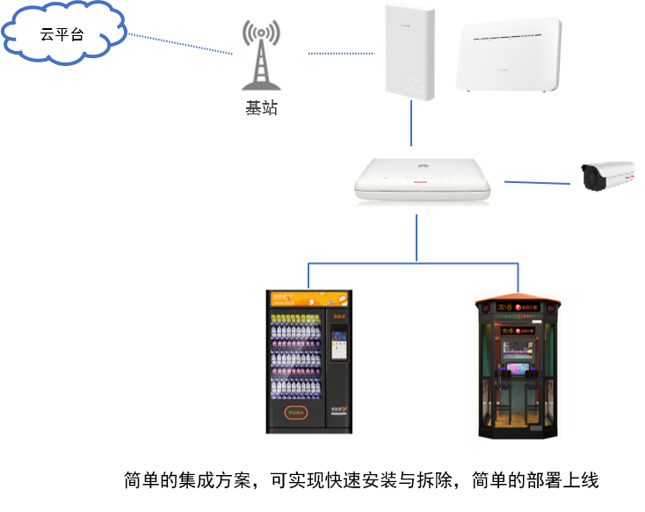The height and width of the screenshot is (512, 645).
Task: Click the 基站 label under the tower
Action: point(261,108)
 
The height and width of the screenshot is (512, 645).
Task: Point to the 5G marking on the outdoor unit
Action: point(416,85)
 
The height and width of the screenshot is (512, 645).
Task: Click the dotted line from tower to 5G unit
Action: point(343,53)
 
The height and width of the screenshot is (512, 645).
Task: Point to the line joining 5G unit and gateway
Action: point(410,123)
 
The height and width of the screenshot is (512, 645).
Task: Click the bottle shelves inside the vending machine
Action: point(295,361)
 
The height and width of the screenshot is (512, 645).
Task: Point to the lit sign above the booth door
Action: point(518,332)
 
